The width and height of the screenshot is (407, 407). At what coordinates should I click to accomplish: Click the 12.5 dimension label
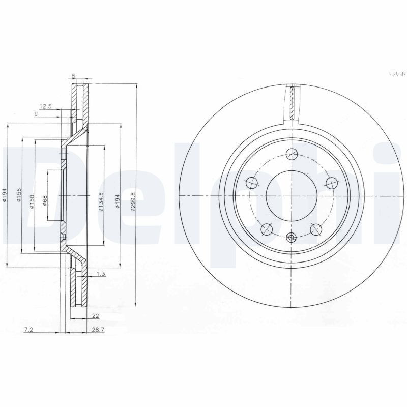click(x=45, y=106)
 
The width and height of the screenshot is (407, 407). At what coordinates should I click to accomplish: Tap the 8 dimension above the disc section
click(x=74, y=76)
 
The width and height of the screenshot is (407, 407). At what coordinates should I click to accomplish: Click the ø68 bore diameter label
click(x=45, y=200)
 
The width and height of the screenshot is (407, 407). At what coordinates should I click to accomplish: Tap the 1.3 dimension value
click(x=100, y=274)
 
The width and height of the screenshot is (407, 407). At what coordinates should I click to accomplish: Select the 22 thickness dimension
click(x=96, y=316)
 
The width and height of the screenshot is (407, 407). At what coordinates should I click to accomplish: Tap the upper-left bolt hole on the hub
click(x=251, y=182)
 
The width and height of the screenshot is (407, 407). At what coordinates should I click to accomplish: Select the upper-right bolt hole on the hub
click(x=332, y=182)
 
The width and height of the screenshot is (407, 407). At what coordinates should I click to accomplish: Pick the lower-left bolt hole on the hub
click(x=266, y=230)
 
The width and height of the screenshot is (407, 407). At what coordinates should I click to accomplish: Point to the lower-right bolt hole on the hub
click(x=316, y=230)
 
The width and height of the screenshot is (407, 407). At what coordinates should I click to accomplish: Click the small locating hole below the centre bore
click(x=291, y=237)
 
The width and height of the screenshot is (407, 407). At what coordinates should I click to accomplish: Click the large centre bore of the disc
click(x=291, y=196)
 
